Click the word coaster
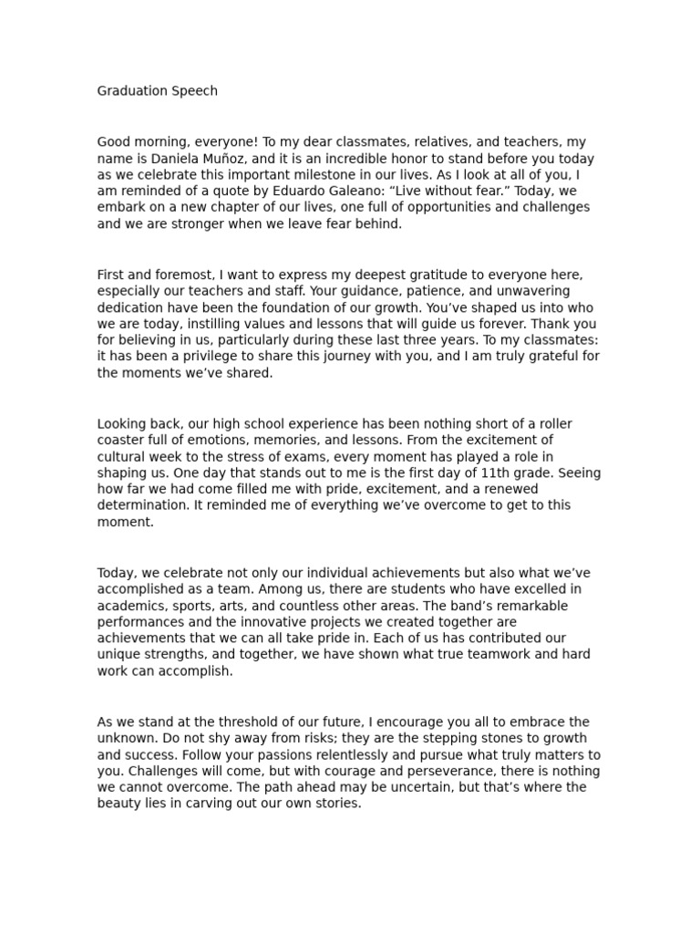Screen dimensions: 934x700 125,440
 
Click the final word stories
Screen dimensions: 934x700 340,804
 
